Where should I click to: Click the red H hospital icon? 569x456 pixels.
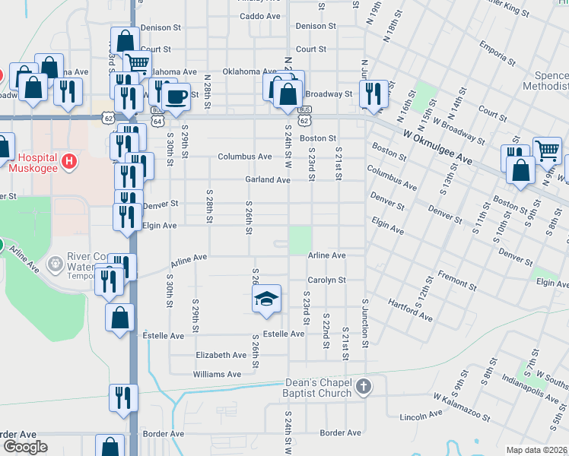point(69,161)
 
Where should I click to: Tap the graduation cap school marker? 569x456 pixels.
point(266,299)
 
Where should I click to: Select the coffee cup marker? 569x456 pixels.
point(176,97)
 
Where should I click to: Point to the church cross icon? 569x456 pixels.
point(363,387)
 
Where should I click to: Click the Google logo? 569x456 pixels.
point(24,447)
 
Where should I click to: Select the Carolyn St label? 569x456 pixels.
point(327,280)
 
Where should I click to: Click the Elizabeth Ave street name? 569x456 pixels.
point(221,355)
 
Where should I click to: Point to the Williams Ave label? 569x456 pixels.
point(217,374)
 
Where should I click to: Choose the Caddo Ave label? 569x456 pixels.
point(259,16)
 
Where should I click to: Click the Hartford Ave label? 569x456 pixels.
point(411,307)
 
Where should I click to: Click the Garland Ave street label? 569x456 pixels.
point(267,180)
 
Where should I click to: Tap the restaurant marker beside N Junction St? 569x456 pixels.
point(373,93)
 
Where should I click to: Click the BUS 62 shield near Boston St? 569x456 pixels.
point(304,119)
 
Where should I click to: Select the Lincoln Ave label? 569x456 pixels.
point(421,415)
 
